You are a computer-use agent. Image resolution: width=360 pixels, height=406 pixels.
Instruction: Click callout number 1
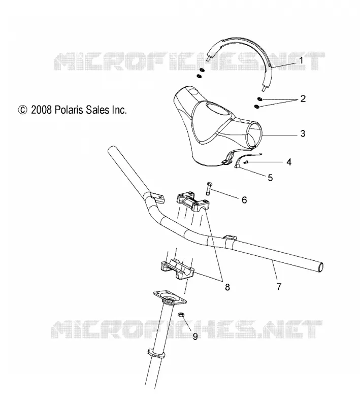coord(301,60)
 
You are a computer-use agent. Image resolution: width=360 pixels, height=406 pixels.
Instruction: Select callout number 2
coord(303,98)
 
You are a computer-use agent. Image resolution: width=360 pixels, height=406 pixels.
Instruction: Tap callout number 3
coord(303,133)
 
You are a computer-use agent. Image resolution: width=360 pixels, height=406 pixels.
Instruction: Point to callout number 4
coord(289,162)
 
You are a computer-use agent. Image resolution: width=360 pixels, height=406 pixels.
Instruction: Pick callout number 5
coord(270,178)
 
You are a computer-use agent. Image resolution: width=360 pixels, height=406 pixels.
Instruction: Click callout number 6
coord(244,200)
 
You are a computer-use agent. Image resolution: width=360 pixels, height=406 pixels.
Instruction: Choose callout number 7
coord(279,287)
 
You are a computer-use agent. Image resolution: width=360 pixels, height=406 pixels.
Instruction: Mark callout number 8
coord(227,287)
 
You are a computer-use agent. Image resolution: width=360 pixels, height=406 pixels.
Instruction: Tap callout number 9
coord(195,336)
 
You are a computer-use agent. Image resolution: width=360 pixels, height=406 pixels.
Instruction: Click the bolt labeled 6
coord(208,188)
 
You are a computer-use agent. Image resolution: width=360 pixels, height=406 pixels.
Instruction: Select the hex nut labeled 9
coord(181,314)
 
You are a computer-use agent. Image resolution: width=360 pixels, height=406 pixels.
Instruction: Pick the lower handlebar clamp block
coord(177,269)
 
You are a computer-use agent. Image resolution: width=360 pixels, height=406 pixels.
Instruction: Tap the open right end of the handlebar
coord(320,267)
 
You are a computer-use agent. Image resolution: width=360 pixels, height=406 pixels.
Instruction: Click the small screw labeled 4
coord(246,162)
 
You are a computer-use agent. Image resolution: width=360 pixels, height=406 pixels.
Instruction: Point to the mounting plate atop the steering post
coord(170,299)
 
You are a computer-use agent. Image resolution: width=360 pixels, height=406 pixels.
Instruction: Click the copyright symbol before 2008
coord(22,110)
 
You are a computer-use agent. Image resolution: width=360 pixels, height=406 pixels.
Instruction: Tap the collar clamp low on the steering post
coord(156,353)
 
